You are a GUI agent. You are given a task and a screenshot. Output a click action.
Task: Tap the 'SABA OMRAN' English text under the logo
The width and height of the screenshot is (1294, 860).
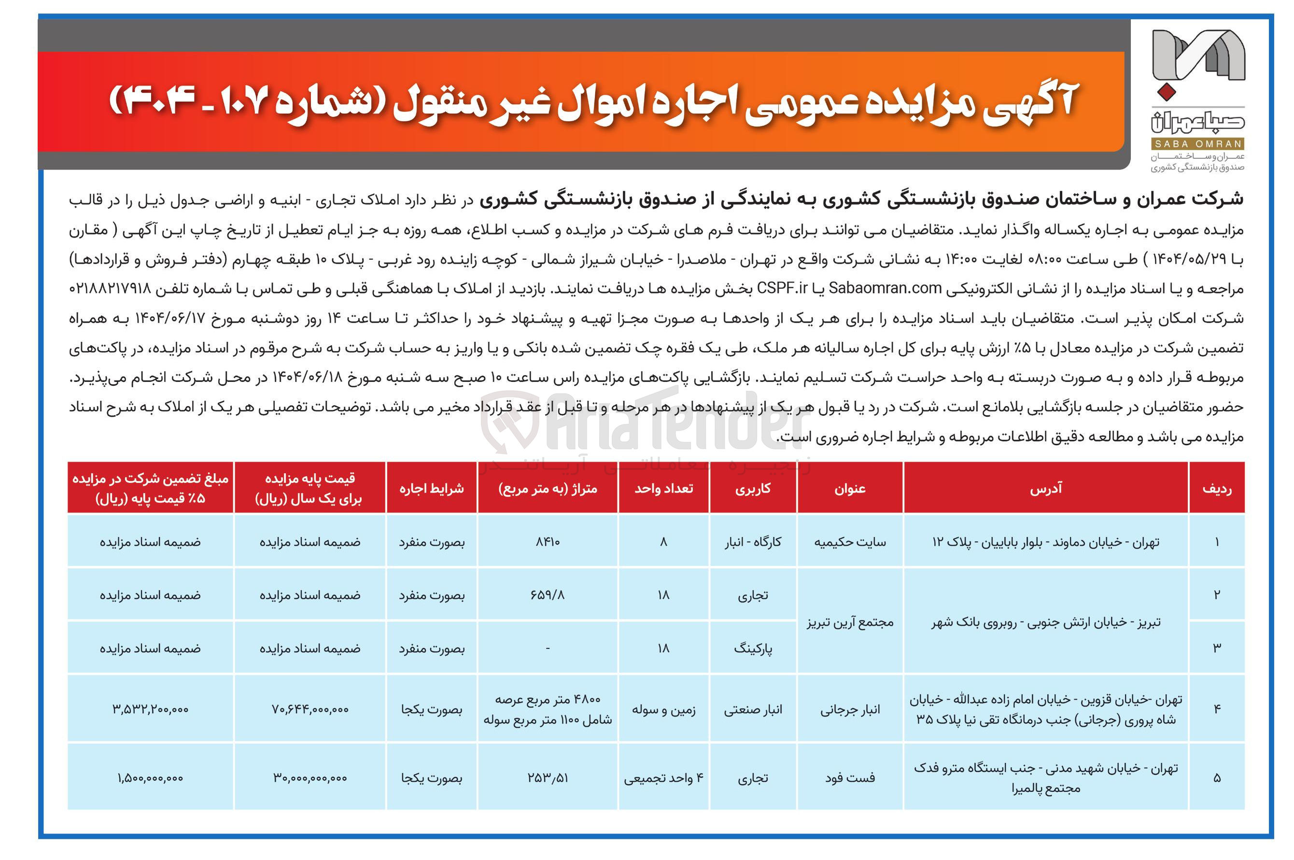1197,144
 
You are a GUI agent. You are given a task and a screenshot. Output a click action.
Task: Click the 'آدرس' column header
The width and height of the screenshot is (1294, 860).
1046,488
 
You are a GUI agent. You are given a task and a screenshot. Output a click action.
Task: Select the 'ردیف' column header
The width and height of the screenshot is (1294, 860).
1217,488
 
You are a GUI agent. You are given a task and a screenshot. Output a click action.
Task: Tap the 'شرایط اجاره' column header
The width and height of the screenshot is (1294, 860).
432,488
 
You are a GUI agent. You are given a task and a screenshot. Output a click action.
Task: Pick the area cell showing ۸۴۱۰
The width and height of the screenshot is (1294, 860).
548,542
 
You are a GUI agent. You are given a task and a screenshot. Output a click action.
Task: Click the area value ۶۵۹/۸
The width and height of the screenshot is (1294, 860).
548,595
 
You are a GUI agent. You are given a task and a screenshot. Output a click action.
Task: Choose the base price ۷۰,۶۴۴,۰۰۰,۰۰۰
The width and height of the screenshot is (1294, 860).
310,709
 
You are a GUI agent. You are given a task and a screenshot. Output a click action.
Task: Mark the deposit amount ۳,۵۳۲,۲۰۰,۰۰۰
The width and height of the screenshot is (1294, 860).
150,709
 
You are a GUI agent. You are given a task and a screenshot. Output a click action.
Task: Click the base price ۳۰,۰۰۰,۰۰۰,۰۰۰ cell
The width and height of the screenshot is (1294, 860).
310,778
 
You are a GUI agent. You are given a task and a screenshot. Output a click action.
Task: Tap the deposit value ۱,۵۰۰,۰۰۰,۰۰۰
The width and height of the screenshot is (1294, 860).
150,778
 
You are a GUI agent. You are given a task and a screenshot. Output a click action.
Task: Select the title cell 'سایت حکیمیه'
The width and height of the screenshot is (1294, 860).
850,542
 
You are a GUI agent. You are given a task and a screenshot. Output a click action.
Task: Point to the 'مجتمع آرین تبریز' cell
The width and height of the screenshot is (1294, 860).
850,622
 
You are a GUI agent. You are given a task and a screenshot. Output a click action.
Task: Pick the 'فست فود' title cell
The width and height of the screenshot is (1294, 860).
850,778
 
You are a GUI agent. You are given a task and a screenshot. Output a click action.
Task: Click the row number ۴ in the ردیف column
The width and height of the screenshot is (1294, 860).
1217,709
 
